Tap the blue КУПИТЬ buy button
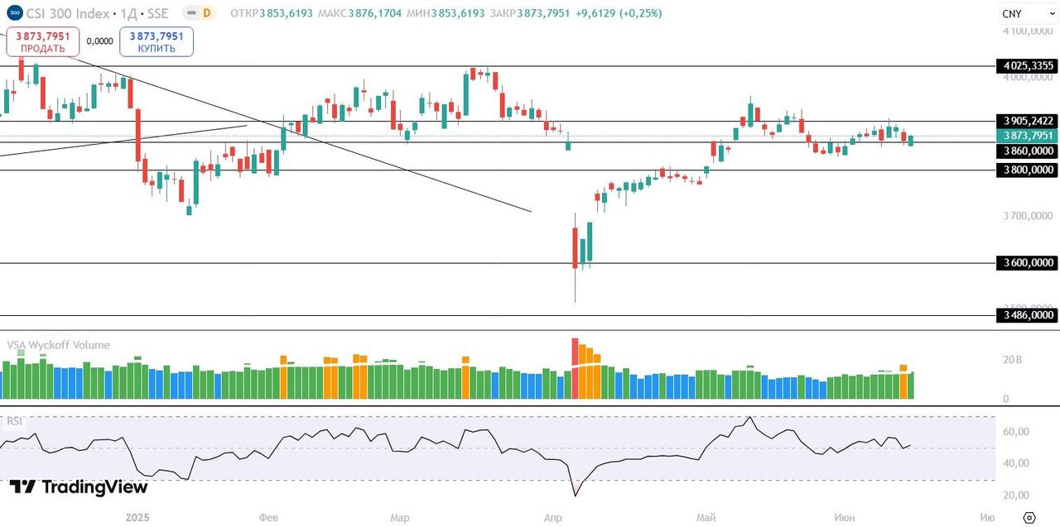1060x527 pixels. pyautogui.click(x=157, y=41)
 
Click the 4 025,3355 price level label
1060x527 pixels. pyautogui.click(x=1027, y=65)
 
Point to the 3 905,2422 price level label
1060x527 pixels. pyautogui.click(x=1027, y=121)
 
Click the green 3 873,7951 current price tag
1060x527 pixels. pyautogui.click(x=1027, y=136)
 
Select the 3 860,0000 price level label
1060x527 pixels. pyautogui.click(x=1027, y=151)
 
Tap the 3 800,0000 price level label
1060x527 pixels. pyautogui.click(x=1027, y=170)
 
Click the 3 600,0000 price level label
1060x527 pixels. pyautogui.click(x=1027, y=263)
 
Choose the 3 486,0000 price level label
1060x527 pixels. pyautogui.click(x=1027, y=315)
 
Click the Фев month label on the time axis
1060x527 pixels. pyautogui.click(x=268, y=518)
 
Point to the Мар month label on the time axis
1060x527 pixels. pyautogui.click(x=400, y=518)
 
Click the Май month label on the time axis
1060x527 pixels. pyautogui.click(x=706, y=518)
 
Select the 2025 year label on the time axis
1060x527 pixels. pyautogui.click(x=137, y=518)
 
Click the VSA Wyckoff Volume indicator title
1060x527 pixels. pyautogui.click(x=58, y=345)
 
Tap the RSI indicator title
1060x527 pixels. pyautogui.click(x=15, y=421)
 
